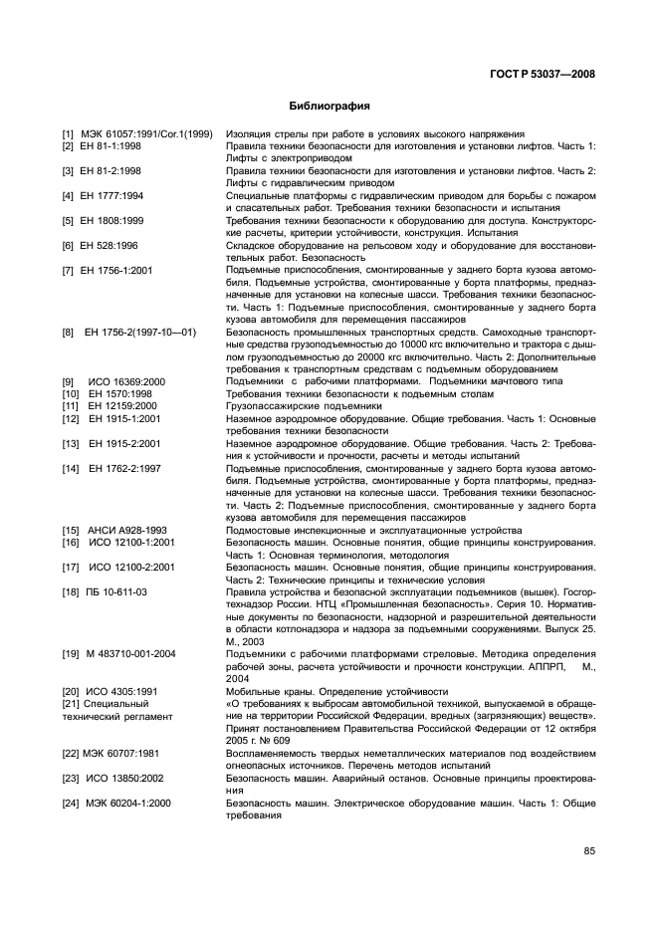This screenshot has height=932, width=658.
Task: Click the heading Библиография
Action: [x=329, y=105]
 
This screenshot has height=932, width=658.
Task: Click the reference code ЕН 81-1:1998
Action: [x=112, y=146]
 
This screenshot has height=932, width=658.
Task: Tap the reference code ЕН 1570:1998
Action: [x=117, y=393]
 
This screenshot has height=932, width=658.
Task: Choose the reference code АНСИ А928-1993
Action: [x=126, y=530]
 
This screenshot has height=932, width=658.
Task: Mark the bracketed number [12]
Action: [x=70, y=418]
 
